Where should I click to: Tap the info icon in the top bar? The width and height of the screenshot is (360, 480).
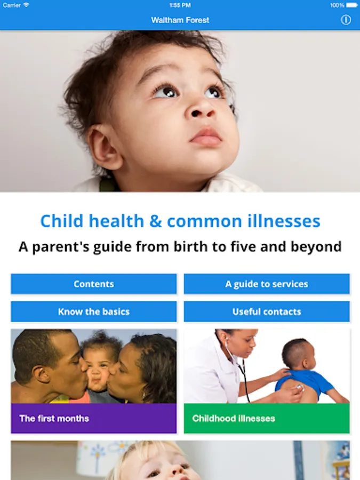click(x=346, y=20)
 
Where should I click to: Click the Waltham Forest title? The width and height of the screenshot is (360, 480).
click(x=180, y=20)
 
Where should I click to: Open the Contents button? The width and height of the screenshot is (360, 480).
click(x=94, y=284)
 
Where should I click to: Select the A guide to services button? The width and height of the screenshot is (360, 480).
click(x=267, y=284)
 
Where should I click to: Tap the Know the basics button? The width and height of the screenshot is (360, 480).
click(x=94, y=311)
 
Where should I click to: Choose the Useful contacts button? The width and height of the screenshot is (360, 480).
click(x=267, y=311)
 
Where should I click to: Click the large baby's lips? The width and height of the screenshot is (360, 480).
click(x=206, y=137)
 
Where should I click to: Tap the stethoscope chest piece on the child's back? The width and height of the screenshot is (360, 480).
click(x=300, y=388)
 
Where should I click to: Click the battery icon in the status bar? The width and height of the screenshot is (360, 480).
click(x=352, y=5)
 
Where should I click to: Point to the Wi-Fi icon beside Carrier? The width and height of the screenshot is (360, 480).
click(x=26, y=5)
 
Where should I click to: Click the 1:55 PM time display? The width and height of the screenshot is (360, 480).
click(x=180, y=5)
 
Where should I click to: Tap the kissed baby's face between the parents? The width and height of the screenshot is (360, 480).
click(x=98, y=371)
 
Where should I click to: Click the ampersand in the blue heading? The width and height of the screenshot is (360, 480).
click(x=156, y=221)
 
